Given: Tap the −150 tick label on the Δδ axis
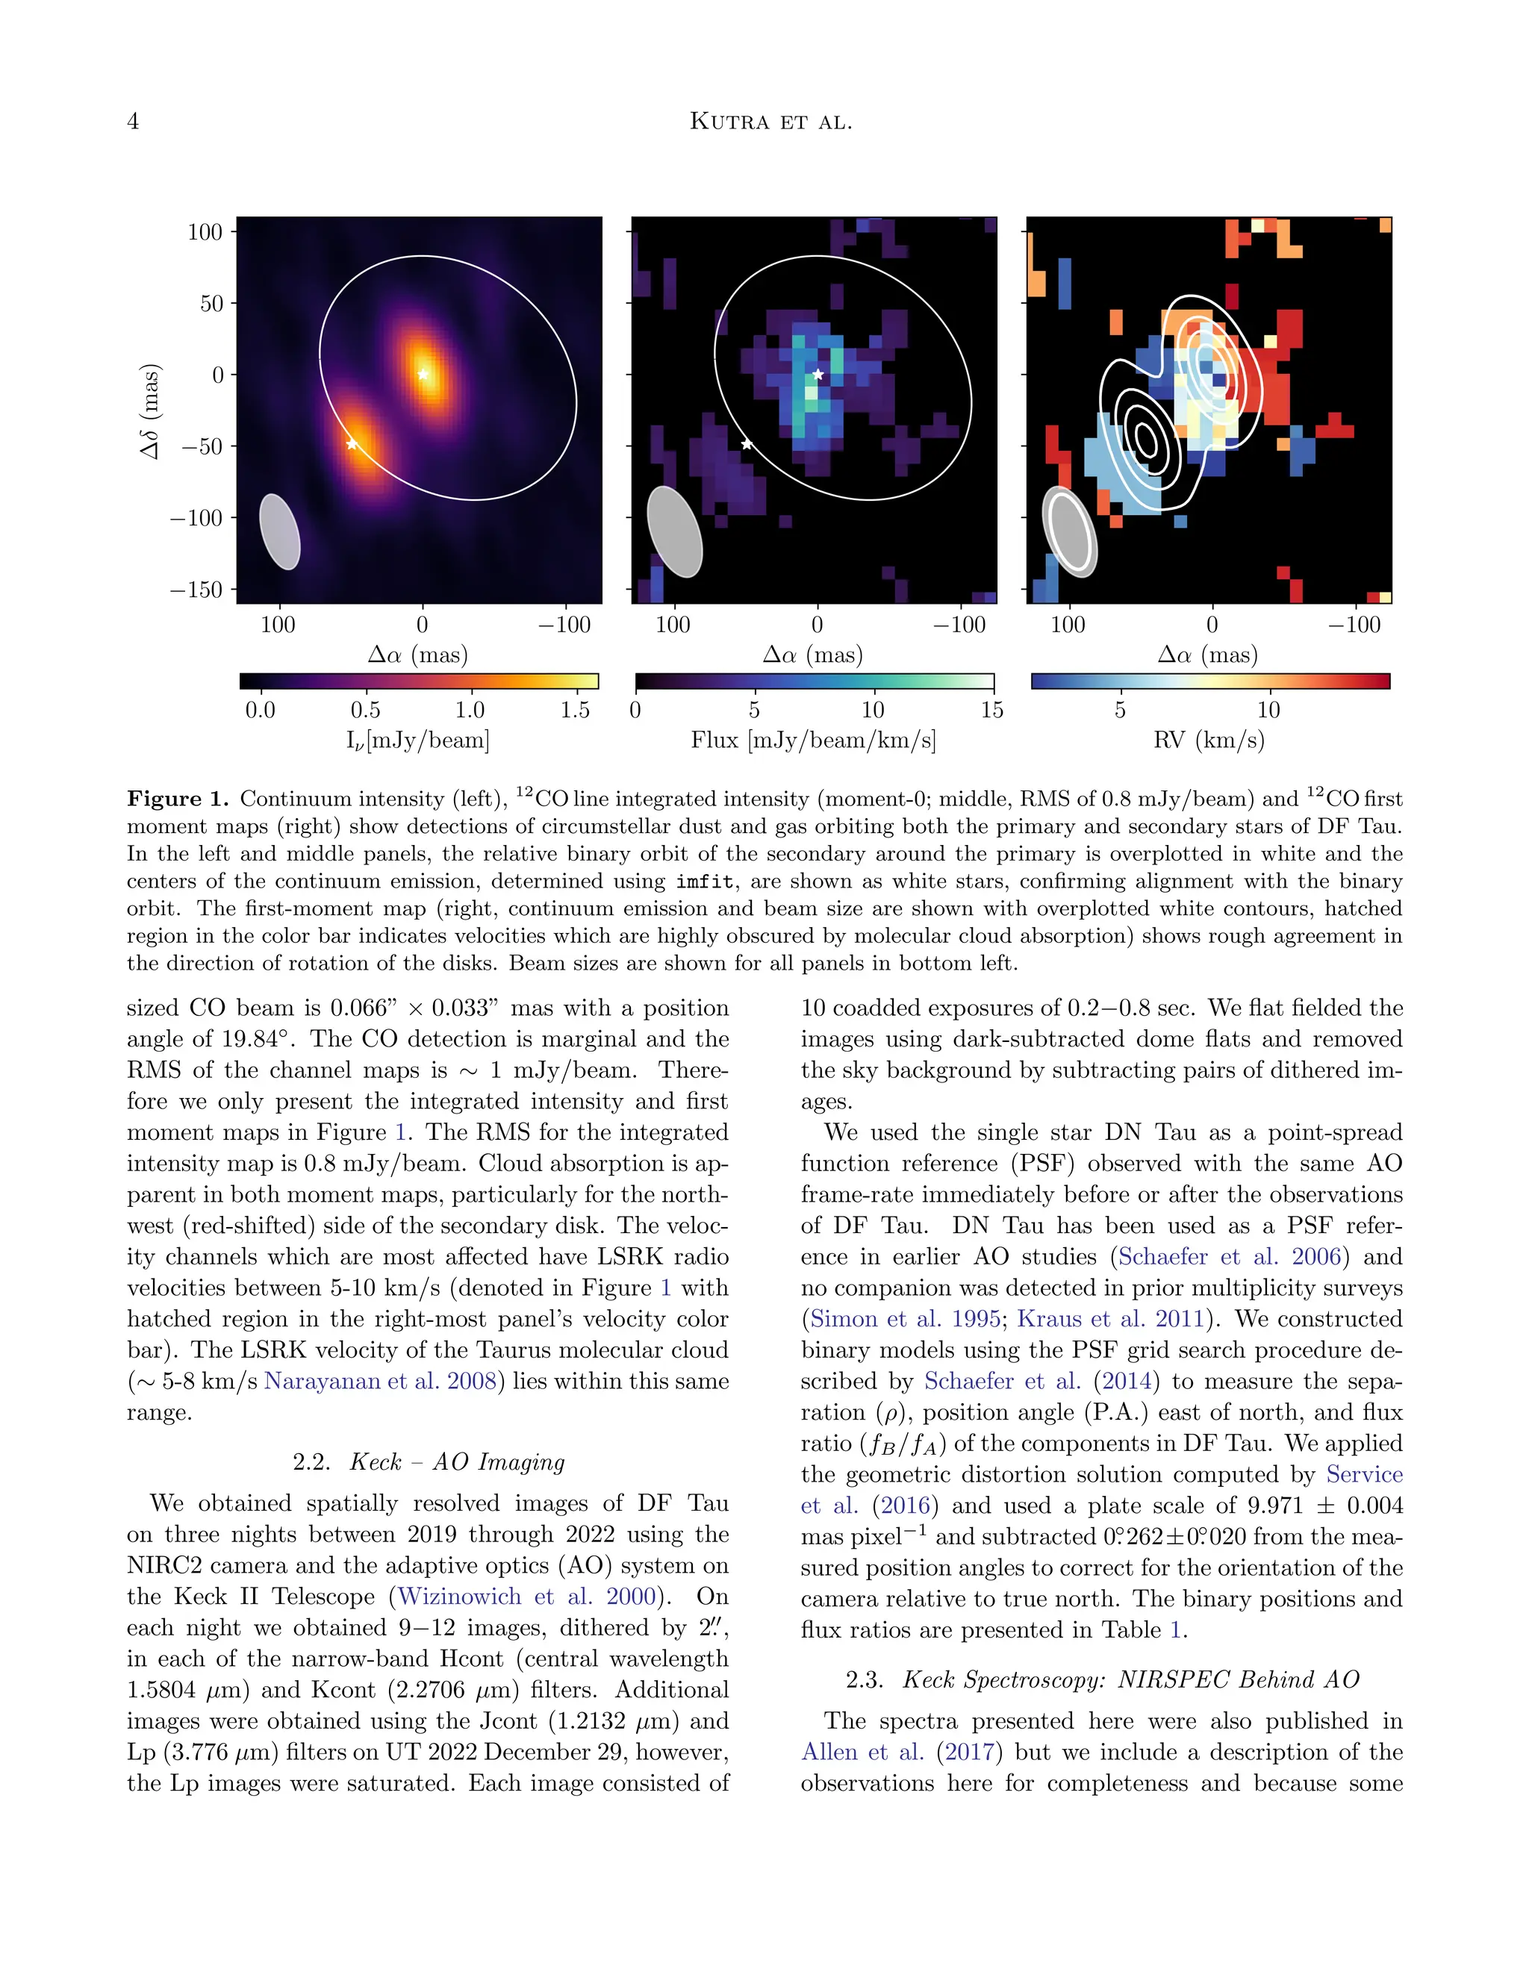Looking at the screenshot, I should [x=196, y=590].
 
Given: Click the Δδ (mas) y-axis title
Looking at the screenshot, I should [x=150, y=411].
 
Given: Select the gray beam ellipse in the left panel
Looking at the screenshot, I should [x=280, y=531].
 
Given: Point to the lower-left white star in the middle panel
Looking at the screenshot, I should [x=747, y=444].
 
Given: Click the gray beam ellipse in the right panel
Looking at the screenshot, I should [x=1071, y=531].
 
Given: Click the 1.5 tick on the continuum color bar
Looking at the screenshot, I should [x=574, y=710].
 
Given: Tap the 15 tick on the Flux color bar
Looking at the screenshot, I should [x=992, y=710].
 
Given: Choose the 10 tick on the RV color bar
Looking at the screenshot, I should [x=1268, y=710].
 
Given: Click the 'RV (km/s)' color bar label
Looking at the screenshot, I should [x=1209, y=740].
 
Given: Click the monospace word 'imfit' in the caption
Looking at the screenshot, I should [x=704, y=882].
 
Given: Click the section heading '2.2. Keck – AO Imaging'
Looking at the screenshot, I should [x=428, y=1461].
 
